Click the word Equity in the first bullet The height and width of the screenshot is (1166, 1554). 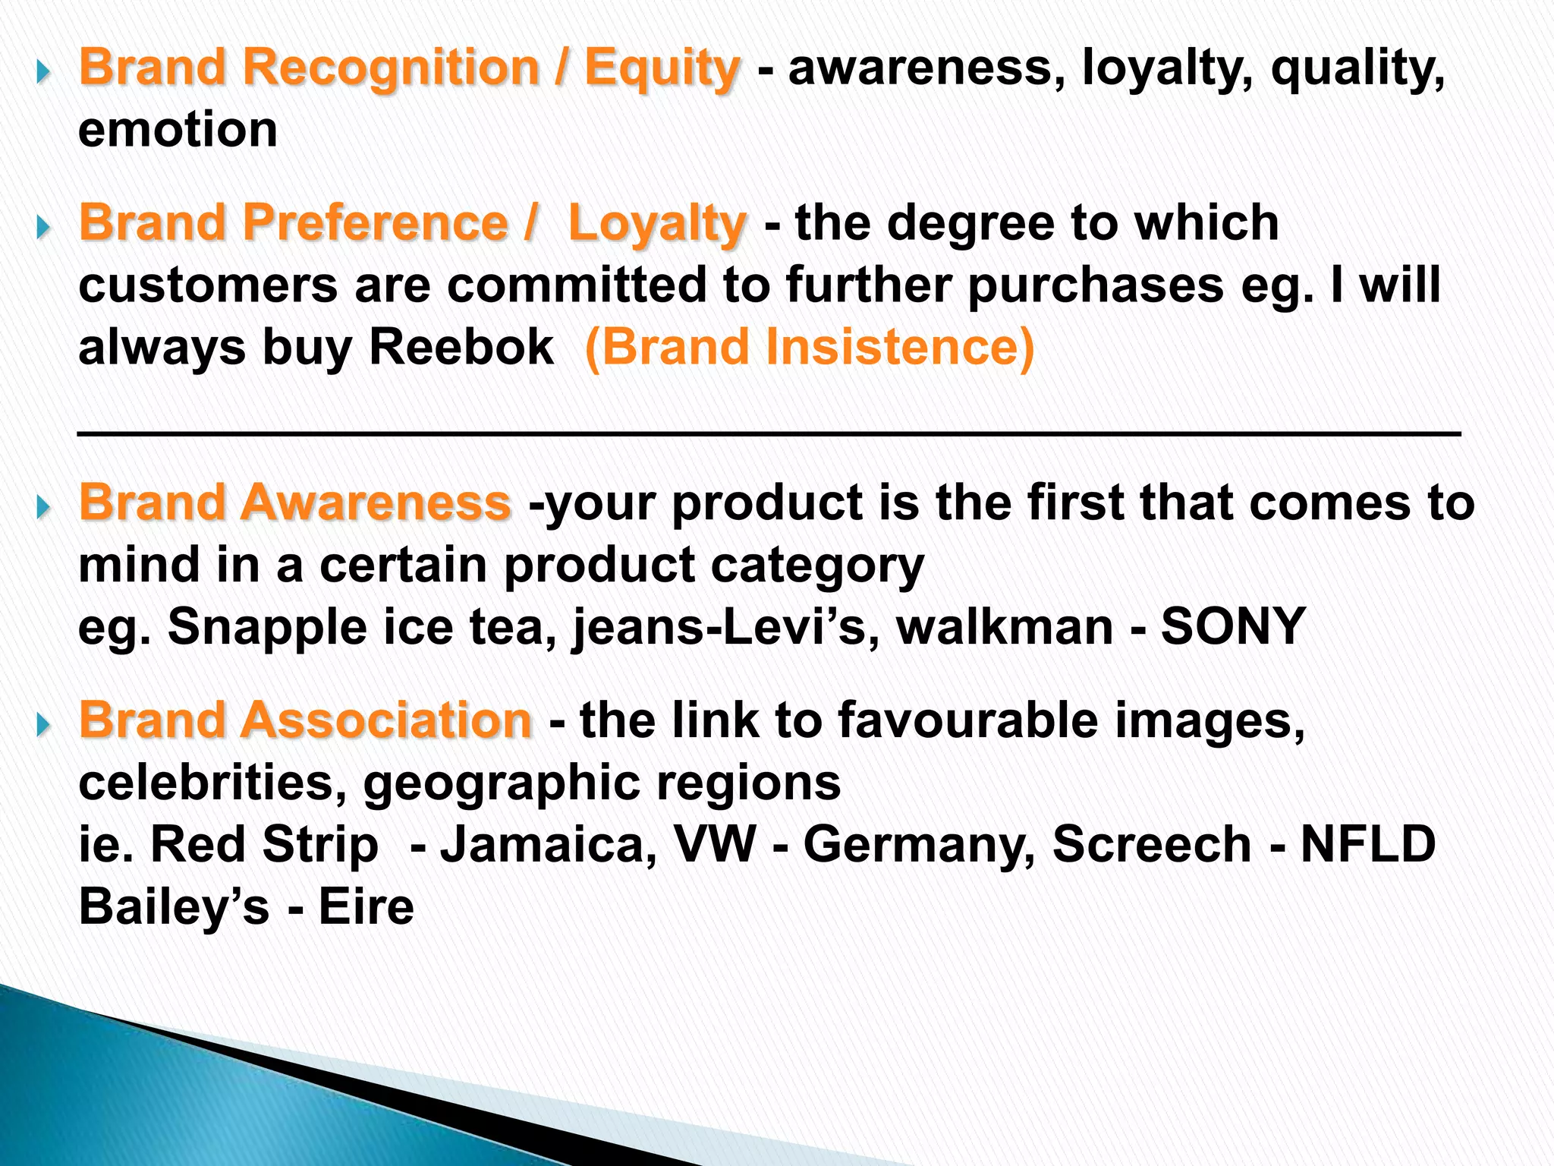coord(661,68)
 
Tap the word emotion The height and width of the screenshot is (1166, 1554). coord(178,129)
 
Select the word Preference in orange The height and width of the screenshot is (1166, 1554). coord(375,223)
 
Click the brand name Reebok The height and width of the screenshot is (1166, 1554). coord(461,348)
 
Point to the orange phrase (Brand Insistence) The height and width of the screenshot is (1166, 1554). coord(809,348)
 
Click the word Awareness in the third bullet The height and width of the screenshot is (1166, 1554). coord(375,503)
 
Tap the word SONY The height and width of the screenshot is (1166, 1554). coord(1232,627)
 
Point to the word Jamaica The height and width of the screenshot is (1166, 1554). coord(549,845)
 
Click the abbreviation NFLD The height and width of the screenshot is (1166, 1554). coord(1368,845)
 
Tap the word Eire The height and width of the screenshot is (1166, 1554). coord(366,907)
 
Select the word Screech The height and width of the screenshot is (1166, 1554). coord(1152,845)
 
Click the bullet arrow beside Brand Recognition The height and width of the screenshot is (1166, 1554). coord(43,74)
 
